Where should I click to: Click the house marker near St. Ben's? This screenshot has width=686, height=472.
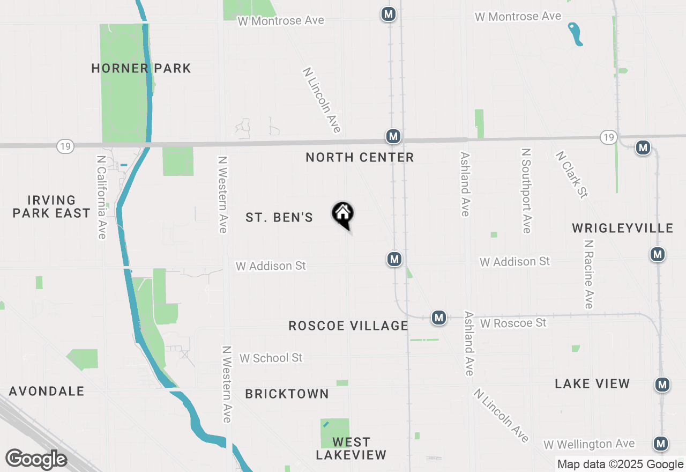click(343, 215)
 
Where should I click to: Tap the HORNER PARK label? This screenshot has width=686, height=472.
click(141, 68)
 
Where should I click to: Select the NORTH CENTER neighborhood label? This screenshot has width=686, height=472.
click(360, 157)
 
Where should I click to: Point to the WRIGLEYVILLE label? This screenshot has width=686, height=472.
click(622, 228)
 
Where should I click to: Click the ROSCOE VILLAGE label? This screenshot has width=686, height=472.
click(348, 326)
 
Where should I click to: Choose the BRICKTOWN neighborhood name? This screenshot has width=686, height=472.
click(287, 394)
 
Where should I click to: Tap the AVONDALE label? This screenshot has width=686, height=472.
click(47, 391)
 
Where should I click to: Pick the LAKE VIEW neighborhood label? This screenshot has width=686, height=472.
click(592, 383)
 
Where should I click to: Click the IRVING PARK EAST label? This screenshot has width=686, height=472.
click(51, 206)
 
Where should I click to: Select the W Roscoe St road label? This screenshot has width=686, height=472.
click(513, 323)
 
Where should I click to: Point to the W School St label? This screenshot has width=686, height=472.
click(271, 358)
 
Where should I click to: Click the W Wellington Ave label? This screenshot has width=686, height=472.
click(589, 444)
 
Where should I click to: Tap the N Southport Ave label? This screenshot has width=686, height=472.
click(526, 191)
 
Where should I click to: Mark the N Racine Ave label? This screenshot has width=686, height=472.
click(589, 274)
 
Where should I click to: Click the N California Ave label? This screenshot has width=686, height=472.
click(101, 197)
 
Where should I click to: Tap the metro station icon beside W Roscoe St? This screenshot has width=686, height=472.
click(439, 318)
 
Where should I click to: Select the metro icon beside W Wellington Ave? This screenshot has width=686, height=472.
click(661, 444)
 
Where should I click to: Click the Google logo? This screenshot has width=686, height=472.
click(36, 459)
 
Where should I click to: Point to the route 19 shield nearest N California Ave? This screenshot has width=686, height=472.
click(65, 146)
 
